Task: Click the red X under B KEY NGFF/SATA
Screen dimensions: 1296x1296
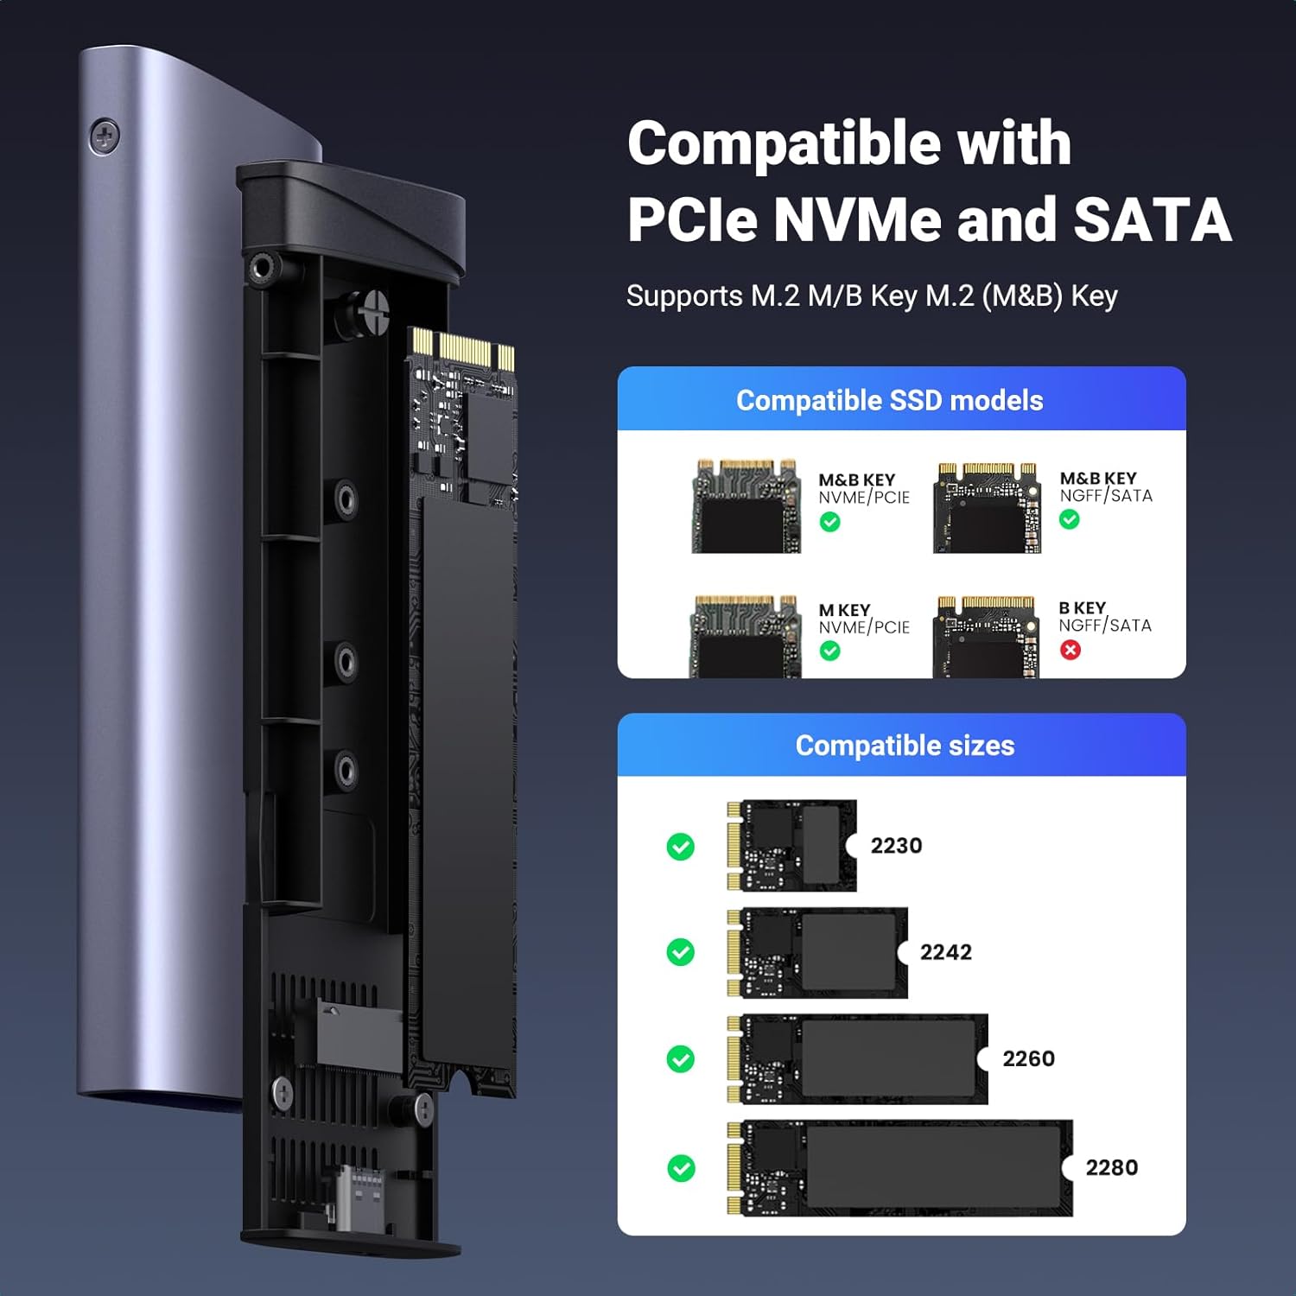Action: pos(1070,650)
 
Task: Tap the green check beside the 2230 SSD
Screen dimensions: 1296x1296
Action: pos(681,847)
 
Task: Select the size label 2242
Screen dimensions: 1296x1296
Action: pos(945,952)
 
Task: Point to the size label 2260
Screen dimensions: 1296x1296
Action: pos(1028,1058)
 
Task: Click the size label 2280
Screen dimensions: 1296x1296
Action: pos(1111,1167)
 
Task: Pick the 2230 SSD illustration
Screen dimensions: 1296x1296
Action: pos(791,846)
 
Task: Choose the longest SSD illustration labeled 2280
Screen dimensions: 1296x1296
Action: pos(899,1168)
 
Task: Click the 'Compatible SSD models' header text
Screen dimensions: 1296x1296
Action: pos(889,400)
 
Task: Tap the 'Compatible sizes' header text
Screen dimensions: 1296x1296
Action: pos(905,745)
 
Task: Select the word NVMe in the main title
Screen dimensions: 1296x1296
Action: pos(857,219)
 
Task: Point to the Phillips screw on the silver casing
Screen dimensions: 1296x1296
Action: pos(105,137)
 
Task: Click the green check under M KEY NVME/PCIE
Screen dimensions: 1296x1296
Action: pos(829,651)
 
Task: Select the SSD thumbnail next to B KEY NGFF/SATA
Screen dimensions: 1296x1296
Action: pos(986,637)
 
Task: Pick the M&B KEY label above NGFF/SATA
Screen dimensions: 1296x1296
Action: pos(1098,478)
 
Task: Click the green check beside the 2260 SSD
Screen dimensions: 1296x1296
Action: pos(681,1058)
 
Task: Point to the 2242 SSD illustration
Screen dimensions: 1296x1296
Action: pos(816,952)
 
